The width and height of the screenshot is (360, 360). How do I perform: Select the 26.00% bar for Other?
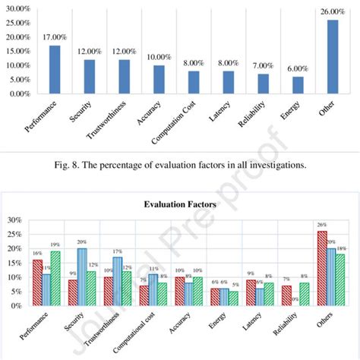[x=333, y=56]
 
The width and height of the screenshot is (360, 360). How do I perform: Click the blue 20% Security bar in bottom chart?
[x=82, y=276]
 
